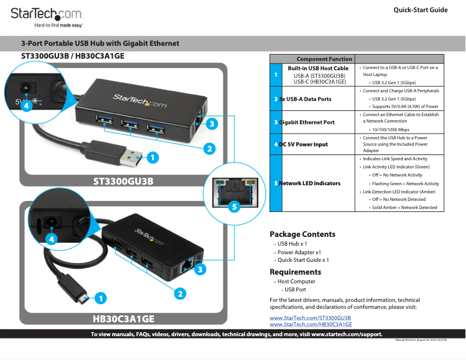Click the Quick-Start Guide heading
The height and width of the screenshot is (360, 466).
pos(420,10)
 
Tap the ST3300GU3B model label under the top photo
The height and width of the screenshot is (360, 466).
pos(123,181)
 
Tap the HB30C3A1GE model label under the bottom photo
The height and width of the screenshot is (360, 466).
pos(123,319)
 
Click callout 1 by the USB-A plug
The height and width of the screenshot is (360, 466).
pos(152,157)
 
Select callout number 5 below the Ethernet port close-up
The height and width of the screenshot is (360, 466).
pos(235,207)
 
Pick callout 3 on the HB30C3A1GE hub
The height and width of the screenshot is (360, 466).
pos(200,269)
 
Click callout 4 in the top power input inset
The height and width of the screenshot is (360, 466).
pos(26,106)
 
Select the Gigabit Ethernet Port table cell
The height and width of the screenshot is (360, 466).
pos(306,123)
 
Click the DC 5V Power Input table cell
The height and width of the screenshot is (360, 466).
pos(303,144)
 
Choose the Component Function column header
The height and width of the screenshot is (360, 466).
pos(324,59)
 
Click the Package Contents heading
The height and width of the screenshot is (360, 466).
pos(302,235)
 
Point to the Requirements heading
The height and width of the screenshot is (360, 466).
pos(295,272)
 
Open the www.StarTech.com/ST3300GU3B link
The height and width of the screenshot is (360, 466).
pos(310,318)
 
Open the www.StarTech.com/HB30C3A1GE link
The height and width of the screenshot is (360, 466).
pos(311,325)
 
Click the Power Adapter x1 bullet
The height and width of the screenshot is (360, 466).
pos(299,252)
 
